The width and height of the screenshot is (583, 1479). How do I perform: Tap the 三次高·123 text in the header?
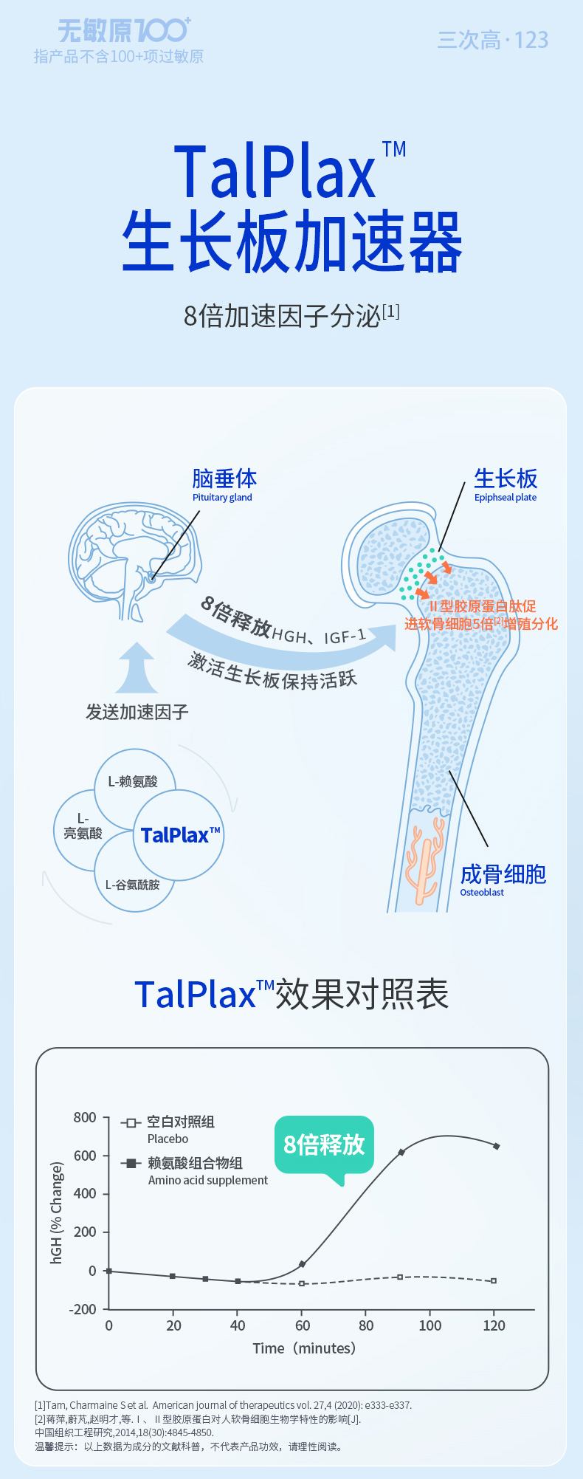tap(492, 40)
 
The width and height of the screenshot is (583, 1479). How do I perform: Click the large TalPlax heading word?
tap(275, 172)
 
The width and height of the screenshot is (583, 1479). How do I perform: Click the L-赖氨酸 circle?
tap(134, 782)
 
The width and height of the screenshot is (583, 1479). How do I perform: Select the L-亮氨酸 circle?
tap(82, 827)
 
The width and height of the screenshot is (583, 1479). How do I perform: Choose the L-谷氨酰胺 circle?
tap(133, 885)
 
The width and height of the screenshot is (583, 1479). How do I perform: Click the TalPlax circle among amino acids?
tap(179, 835)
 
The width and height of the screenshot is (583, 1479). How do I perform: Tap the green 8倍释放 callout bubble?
tap(325, 1145)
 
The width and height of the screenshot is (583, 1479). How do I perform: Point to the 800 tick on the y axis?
tap(85, 1117)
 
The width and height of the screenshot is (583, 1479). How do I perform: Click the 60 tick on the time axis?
tap(303, 1325)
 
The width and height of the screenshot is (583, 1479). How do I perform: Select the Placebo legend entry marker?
tap(131, 1123)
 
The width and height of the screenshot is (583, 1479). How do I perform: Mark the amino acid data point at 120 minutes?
tap(496, 1146)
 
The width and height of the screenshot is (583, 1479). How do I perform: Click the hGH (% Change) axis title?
tap(56, 1212)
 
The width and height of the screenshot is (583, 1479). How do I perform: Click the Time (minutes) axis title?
tap(304, 1348)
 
